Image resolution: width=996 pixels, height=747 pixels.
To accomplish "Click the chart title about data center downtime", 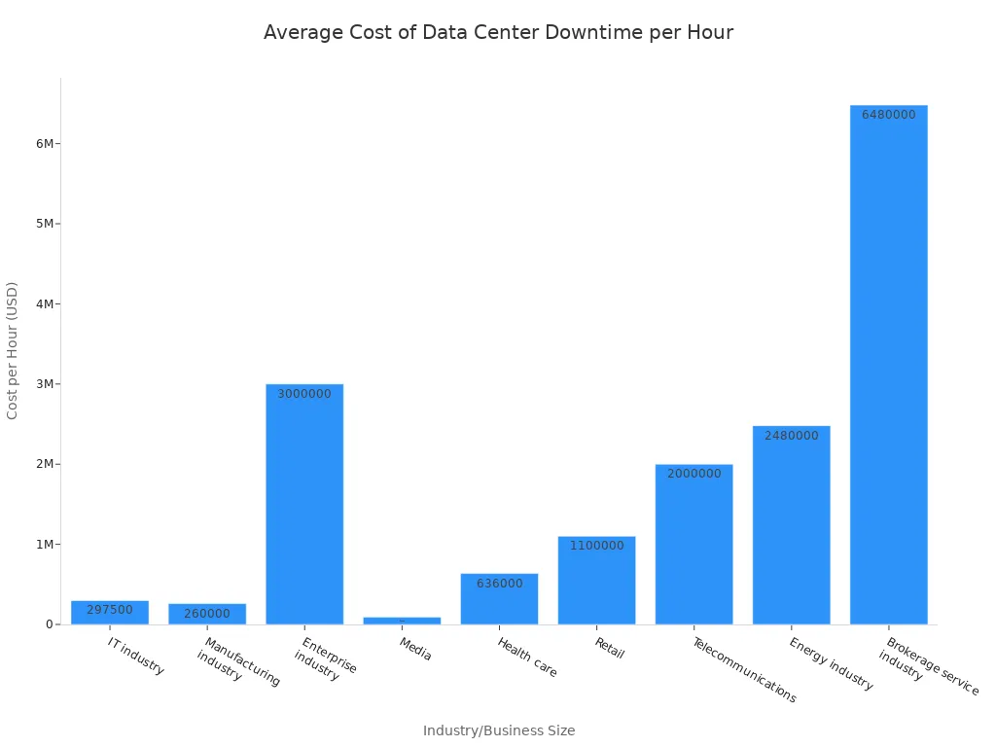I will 498,32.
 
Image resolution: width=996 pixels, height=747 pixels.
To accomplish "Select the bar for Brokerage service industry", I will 888,370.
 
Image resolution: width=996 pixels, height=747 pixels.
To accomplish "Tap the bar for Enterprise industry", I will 304,506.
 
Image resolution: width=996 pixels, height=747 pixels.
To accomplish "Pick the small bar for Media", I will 402,621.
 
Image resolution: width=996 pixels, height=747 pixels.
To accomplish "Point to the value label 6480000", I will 888,115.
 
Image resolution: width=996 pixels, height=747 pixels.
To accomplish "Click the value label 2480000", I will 791,436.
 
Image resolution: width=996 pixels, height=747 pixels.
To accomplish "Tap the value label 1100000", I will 596,546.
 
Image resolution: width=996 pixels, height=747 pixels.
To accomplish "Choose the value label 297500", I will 110,610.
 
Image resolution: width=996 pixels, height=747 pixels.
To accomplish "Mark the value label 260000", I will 207,614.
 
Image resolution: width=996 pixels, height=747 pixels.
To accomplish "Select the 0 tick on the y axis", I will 49,624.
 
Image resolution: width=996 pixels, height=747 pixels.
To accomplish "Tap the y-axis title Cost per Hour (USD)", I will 13,350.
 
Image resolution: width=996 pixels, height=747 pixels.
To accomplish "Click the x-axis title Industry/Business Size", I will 498,730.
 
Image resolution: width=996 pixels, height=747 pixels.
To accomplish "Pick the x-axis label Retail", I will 609,648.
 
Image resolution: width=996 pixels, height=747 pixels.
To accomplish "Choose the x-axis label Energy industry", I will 831,664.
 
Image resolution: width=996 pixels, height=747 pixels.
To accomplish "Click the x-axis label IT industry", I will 136,657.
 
